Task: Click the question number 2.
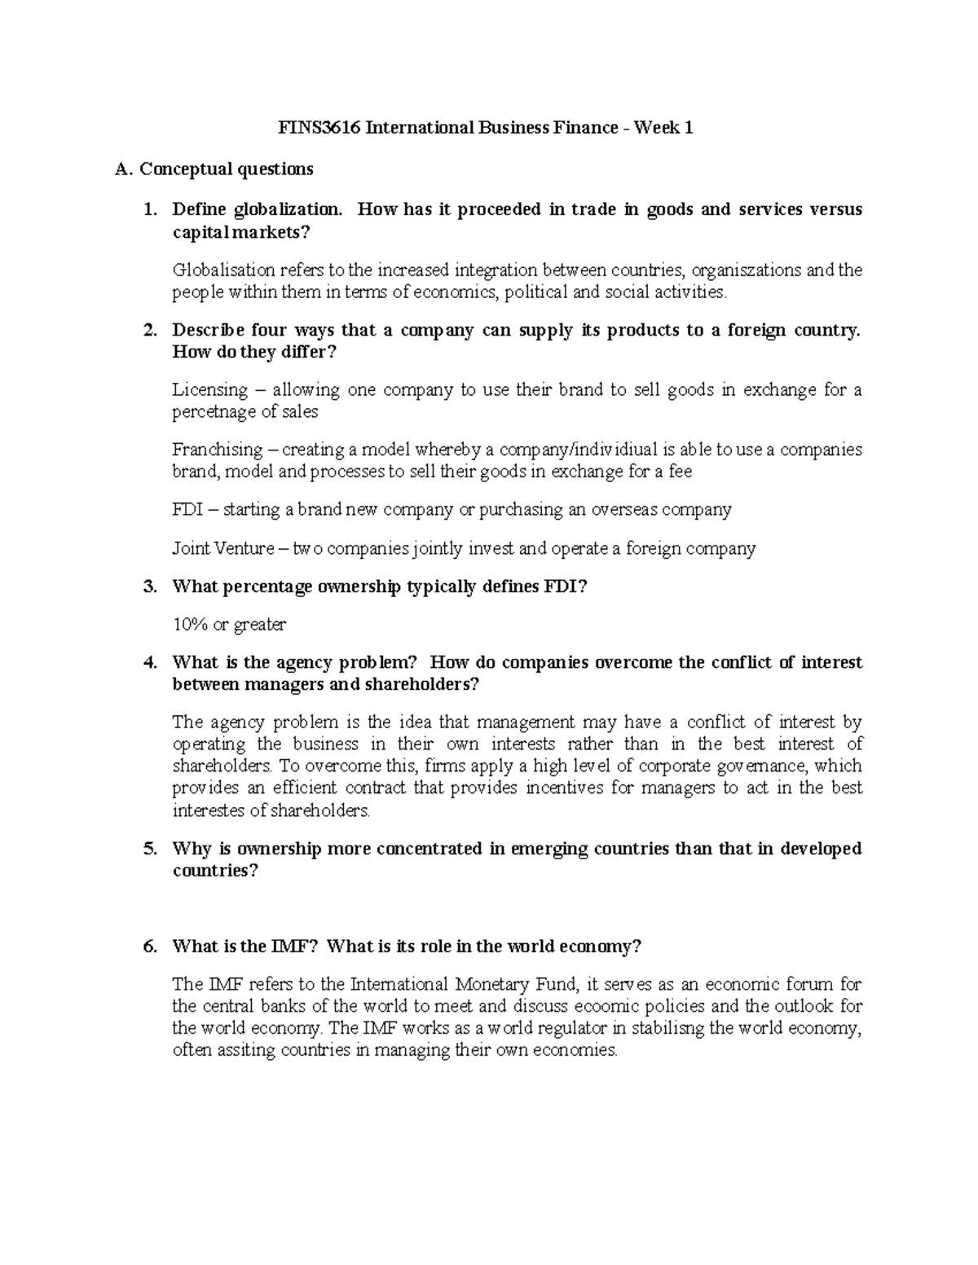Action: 149,331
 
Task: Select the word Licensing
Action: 209,390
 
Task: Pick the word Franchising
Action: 218,450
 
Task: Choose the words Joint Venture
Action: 223,548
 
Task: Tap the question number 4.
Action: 149,662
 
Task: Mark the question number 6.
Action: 149,947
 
